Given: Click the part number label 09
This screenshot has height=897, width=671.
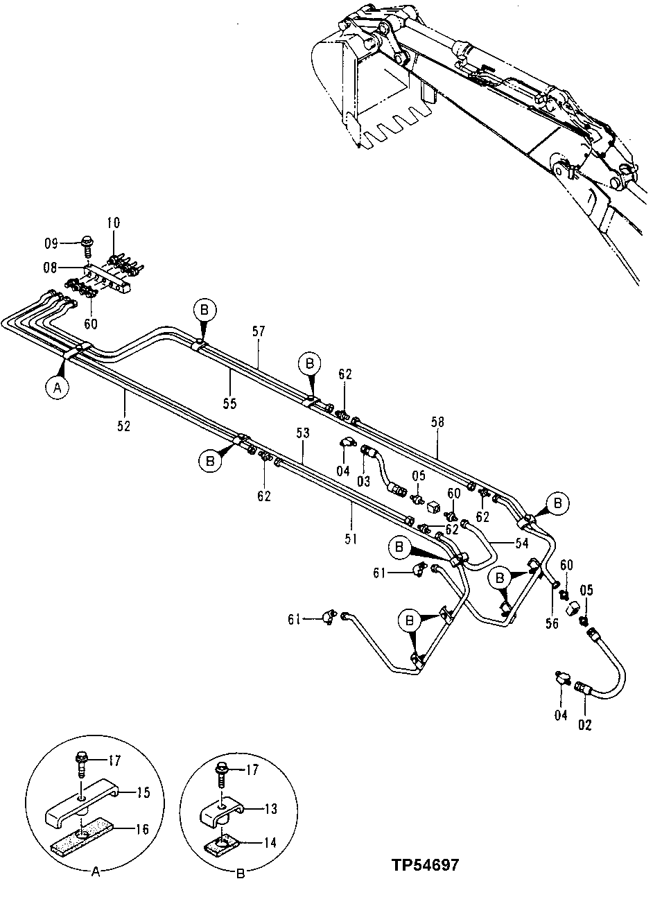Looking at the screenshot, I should coord(52,243).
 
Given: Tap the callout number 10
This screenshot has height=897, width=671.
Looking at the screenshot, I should coord(113,223).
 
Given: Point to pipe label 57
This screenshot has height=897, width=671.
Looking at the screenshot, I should coord(259,333).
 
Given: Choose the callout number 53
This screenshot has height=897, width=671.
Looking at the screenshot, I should coord(302,433).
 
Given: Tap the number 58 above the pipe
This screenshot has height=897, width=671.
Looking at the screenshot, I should coord(438,421).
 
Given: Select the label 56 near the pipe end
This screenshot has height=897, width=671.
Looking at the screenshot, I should coord(552,623).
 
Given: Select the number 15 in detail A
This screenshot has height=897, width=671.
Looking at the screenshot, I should coord(143,792).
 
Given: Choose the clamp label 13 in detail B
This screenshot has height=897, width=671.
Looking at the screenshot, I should coord(270,808).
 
